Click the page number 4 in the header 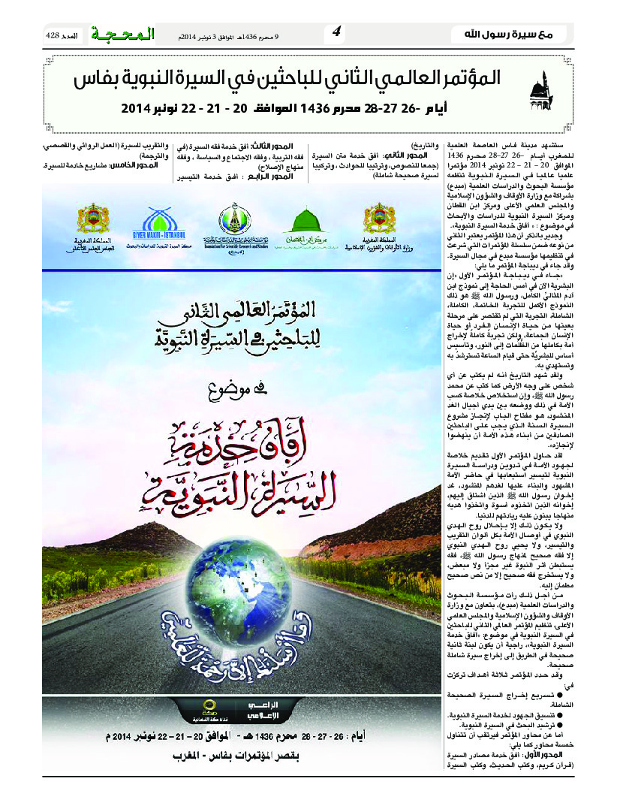coord(336,32)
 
